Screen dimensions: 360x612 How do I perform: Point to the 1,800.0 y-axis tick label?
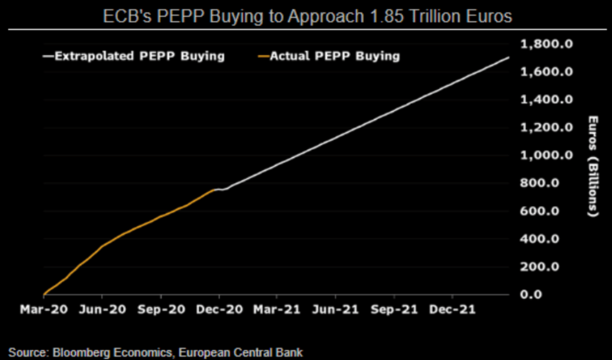[x=546, y=44]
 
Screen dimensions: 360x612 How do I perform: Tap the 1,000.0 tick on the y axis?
[x=546, y=155]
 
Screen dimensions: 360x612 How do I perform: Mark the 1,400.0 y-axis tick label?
[x=546, y=100]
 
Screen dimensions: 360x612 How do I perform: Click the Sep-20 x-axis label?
[x=160, y=308]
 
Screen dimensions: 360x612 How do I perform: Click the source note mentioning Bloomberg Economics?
[x=155, y=353]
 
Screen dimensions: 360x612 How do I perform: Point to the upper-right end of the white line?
[x=508, y=57]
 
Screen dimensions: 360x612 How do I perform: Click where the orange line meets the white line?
[x=216, y=189]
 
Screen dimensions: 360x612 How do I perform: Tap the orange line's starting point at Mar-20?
[x=44, y=294]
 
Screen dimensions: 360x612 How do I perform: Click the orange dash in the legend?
[x=264, y=57]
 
